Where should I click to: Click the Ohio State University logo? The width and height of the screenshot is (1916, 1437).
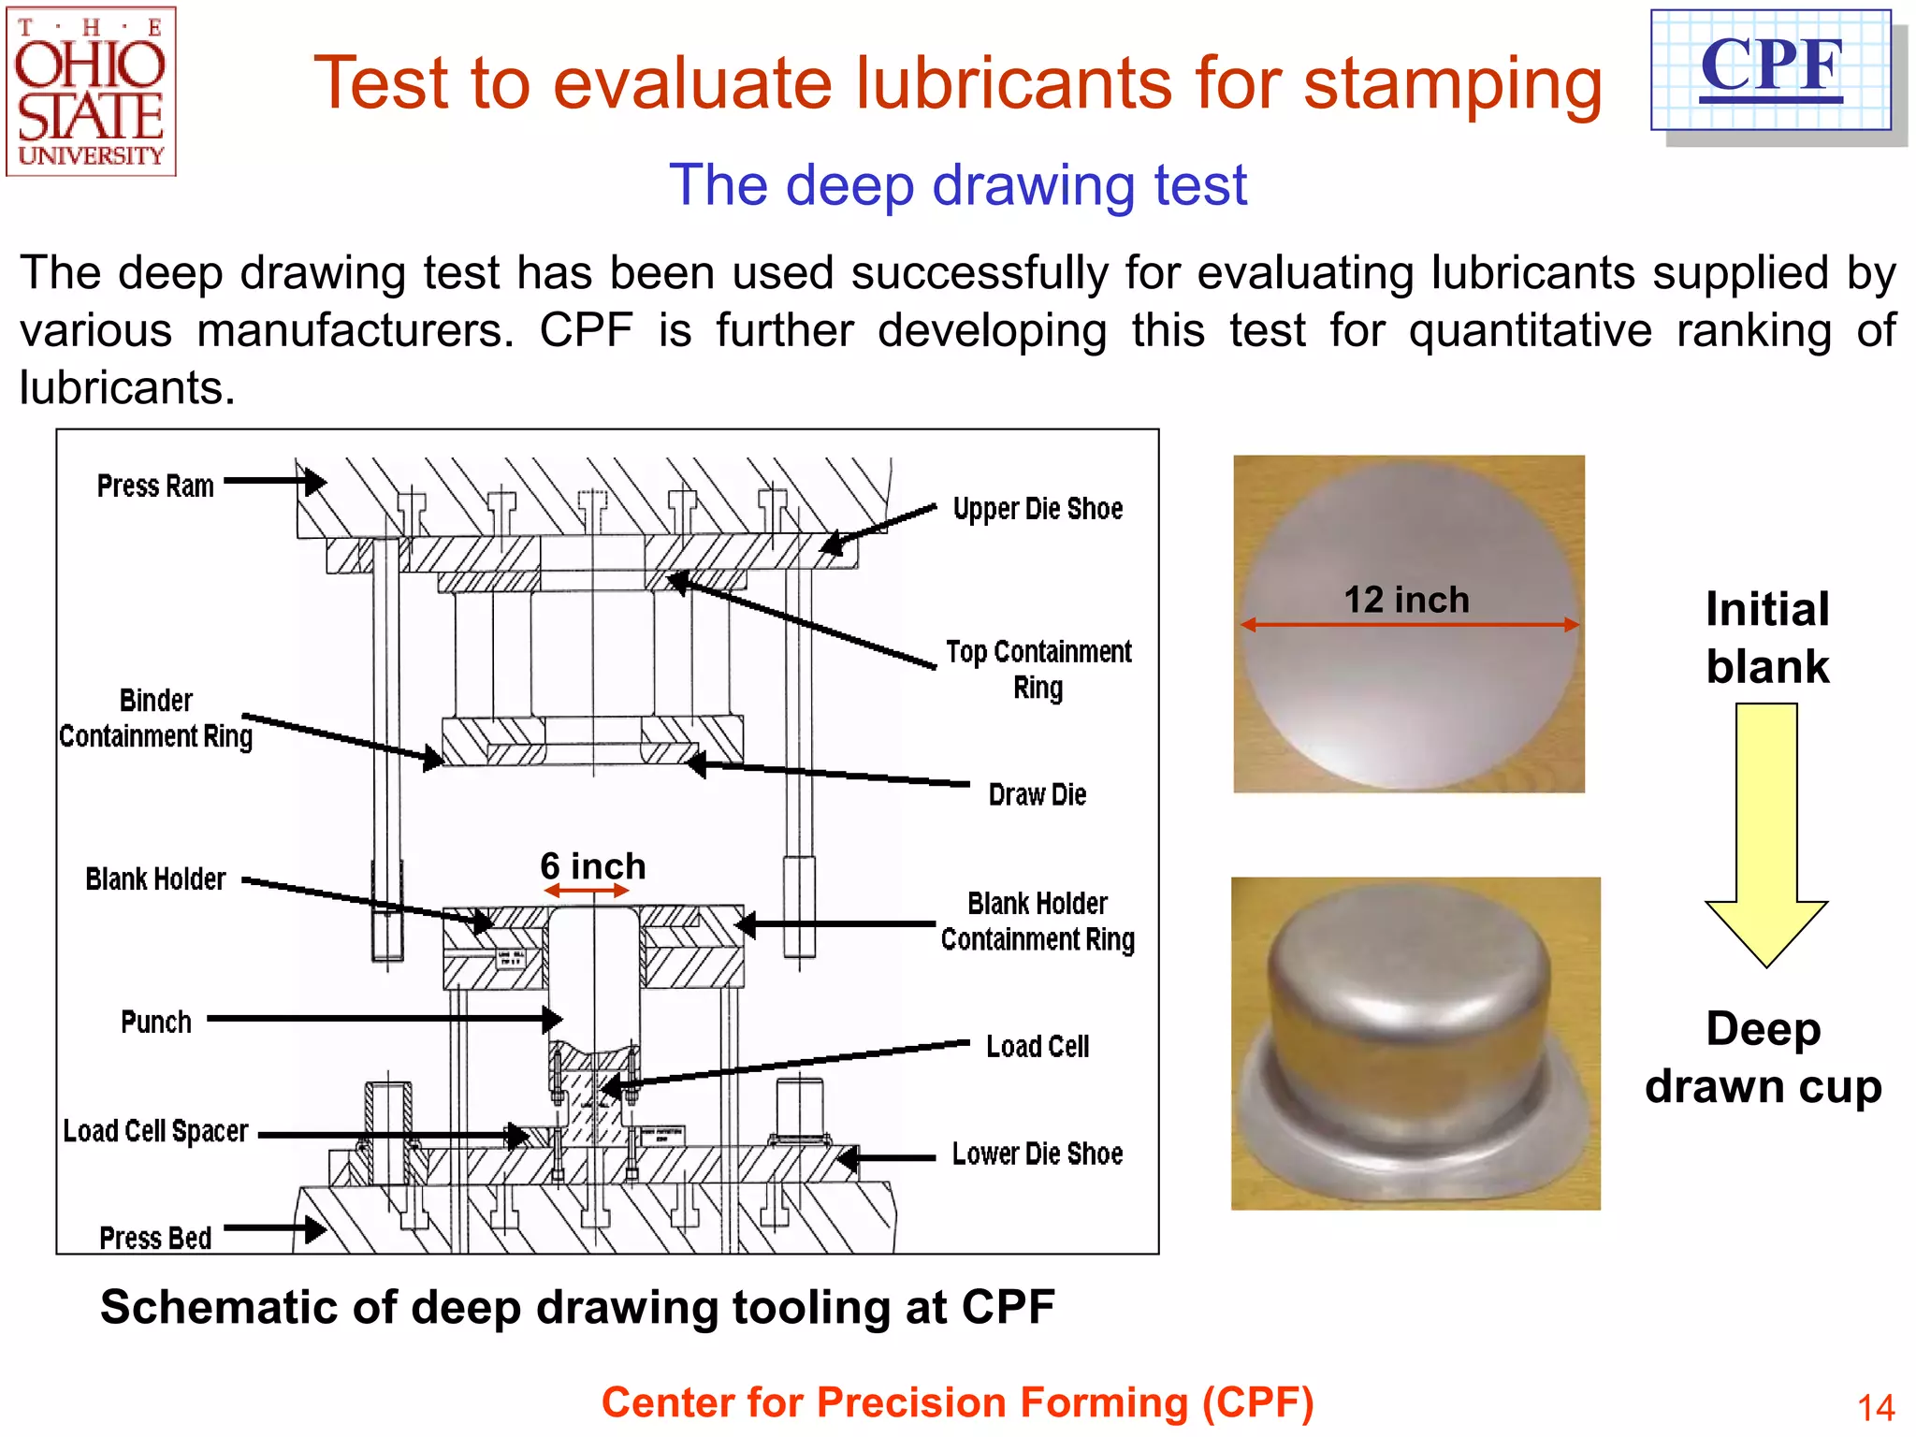click(91, 92)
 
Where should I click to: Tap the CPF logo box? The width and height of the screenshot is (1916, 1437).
click(1771, 70)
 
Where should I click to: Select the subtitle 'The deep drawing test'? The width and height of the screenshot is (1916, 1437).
click(957, 184)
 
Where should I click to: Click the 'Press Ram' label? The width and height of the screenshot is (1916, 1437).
click(155, 486)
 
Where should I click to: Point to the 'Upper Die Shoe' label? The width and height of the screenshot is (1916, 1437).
click(1038, 509)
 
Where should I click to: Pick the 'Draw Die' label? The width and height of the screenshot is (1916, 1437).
click(1037, 795)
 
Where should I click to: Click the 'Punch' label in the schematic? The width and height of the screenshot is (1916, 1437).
click(155, 1022)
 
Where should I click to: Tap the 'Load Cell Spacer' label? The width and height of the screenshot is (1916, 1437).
click(155, 1131)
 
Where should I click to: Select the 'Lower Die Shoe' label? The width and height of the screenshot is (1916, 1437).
click(1037, 1154)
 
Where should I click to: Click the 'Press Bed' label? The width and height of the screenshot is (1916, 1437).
click(155, 1238)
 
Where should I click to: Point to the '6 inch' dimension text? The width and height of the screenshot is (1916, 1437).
click(592, 866)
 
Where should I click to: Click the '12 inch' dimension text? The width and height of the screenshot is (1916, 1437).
click(1406, 600)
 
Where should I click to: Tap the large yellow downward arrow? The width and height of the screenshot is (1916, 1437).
click(1765, 833)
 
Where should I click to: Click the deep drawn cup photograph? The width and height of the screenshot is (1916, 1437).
click(1415, 1043)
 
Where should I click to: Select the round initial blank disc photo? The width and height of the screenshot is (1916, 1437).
click(1408, 625)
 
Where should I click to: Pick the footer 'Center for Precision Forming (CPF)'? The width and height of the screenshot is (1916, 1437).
click(957, 1402)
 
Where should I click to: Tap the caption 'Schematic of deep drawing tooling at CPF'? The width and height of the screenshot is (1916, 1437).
click(577, 1307)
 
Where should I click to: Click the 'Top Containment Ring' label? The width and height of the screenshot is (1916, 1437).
click(1038, 669)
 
